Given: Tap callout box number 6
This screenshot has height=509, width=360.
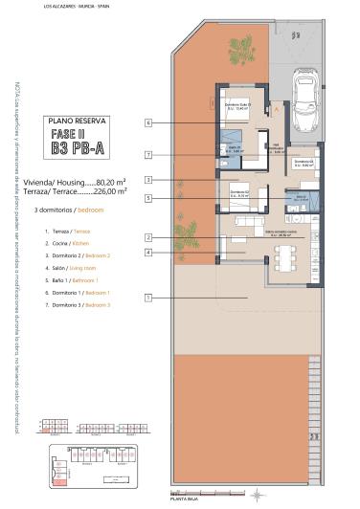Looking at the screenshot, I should click(149, 123).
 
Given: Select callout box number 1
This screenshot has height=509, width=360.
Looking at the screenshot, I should click(149, 298).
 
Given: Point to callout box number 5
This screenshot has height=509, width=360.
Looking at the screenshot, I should click(149, 198).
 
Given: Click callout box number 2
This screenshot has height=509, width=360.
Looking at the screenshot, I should click(149, 237).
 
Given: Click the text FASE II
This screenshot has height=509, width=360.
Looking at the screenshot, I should click(74, 135).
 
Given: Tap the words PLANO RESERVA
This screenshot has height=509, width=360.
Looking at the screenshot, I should click(74, 121).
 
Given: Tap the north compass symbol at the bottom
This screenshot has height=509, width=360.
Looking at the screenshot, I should click(257, 494).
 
